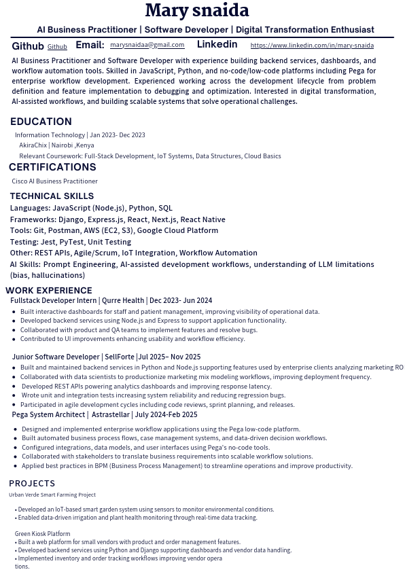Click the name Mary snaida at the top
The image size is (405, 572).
197,11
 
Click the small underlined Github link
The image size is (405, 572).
57,47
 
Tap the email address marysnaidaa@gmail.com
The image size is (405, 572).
147,45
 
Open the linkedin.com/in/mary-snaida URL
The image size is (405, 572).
312,46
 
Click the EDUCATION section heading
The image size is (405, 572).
41,122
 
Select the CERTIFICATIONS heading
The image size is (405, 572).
52,167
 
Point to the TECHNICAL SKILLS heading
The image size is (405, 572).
52,196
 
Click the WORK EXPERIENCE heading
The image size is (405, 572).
49,291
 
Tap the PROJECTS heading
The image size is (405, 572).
32,484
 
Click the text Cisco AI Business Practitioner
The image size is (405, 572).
54,181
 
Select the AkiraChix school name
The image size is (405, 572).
33,145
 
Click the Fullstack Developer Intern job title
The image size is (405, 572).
54,300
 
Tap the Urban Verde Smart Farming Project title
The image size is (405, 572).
52,495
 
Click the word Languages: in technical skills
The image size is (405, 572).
30,209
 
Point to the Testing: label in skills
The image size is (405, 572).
24,242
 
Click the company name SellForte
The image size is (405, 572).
120,357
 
